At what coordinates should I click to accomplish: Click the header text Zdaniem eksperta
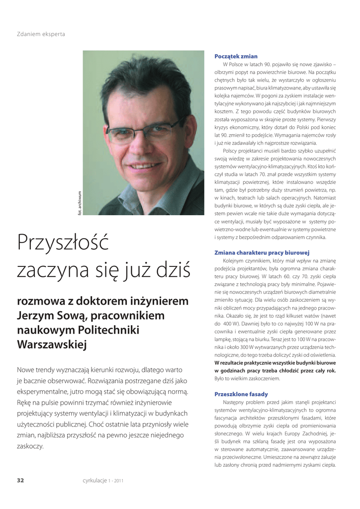point(41,34)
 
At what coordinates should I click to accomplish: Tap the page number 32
point(20,480)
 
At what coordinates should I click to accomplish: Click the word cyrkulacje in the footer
point(94,480)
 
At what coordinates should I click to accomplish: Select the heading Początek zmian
point(236,57)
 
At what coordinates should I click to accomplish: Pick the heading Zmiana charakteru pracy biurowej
point(262,253)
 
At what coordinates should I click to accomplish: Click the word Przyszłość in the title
point(63,243)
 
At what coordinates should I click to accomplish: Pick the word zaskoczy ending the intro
point(30,446)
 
